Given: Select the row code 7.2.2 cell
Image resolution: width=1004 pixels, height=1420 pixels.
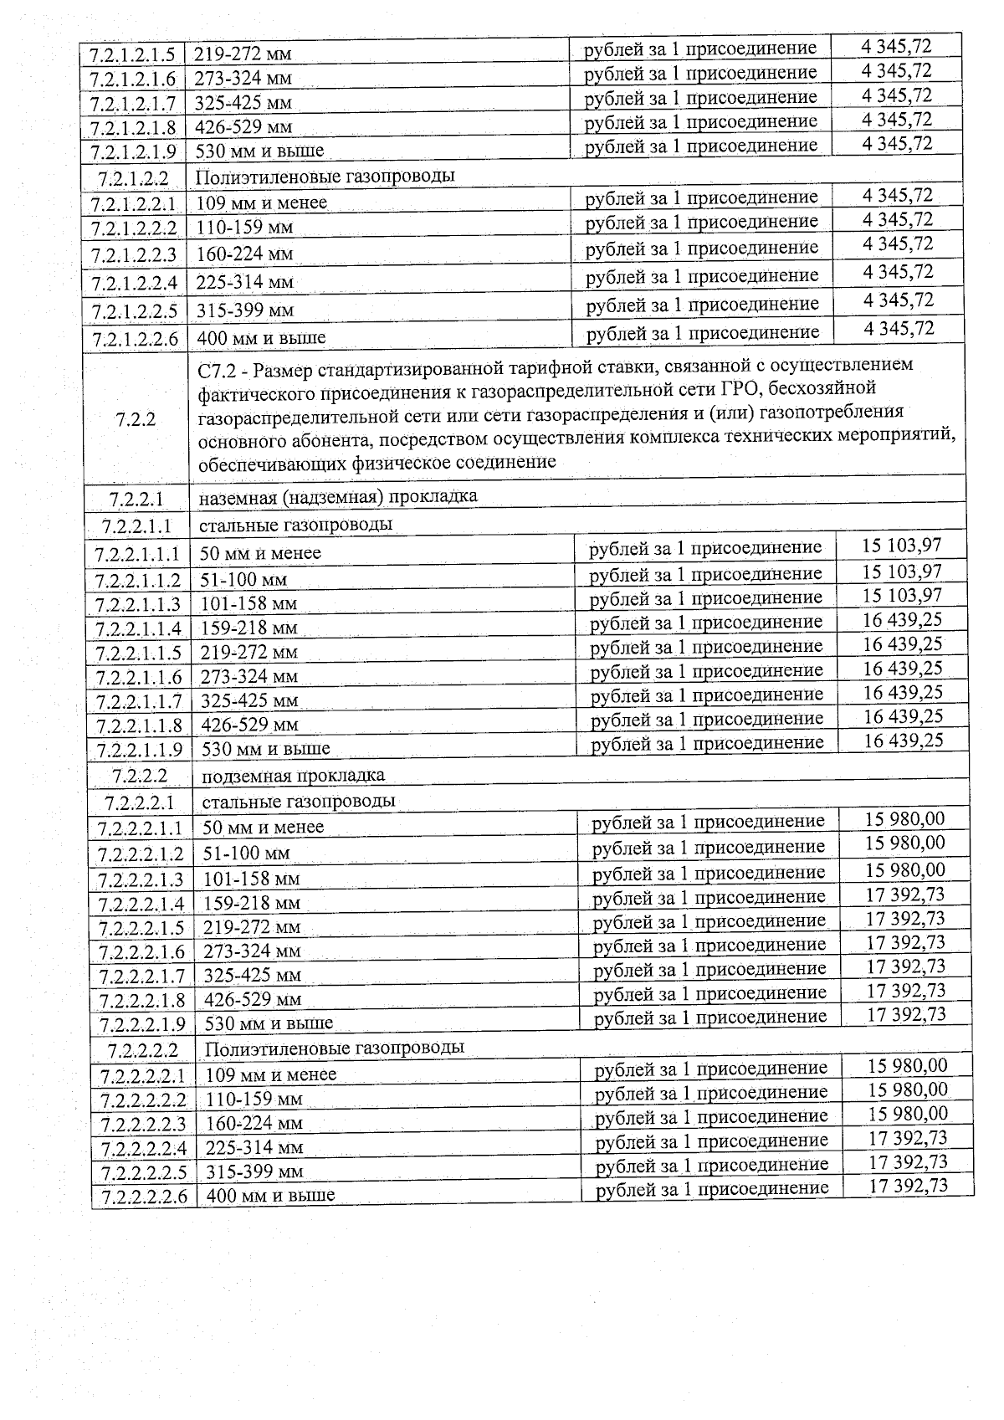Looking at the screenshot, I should click(x=136, y=418).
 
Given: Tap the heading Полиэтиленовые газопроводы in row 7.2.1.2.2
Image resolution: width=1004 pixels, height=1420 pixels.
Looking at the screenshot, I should click(x=325, y=177).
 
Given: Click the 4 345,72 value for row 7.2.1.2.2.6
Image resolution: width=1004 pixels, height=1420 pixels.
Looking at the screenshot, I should click(x=899, y=328).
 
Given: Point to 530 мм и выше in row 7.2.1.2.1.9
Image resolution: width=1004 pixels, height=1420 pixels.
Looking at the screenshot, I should click(x=259, y=152).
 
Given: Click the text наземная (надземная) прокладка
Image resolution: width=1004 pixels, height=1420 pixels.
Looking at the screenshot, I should click(x=338, y=496).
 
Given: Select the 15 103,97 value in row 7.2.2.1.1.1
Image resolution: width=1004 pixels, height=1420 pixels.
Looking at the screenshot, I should click(x=902, y=546).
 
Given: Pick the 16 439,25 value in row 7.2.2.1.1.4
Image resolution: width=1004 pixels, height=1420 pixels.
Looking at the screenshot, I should click(x=903, y=620).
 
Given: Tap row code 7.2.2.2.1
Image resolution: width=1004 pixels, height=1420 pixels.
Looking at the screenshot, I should click(x=140, y=802).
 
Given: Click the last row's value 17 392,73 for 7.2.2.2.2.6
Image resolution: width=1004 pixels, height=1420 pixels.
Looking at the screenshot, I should click(x=908, y=1186).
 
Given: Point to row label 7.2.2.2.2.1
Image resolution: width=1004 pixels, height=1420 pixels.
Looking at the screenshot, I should click(x=143, y=1076).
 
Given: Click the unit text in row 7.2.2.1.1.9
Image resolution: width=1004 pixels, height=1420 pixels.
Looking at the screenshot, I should click(x=707, y=743).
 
